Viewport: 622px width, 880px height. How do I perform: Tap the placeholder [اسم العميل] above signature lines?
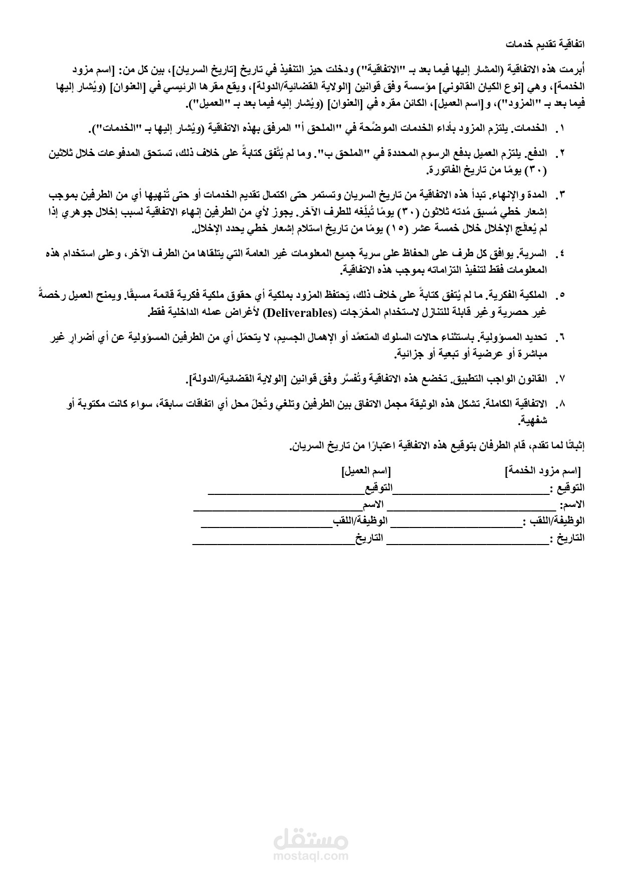point(366,471)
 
